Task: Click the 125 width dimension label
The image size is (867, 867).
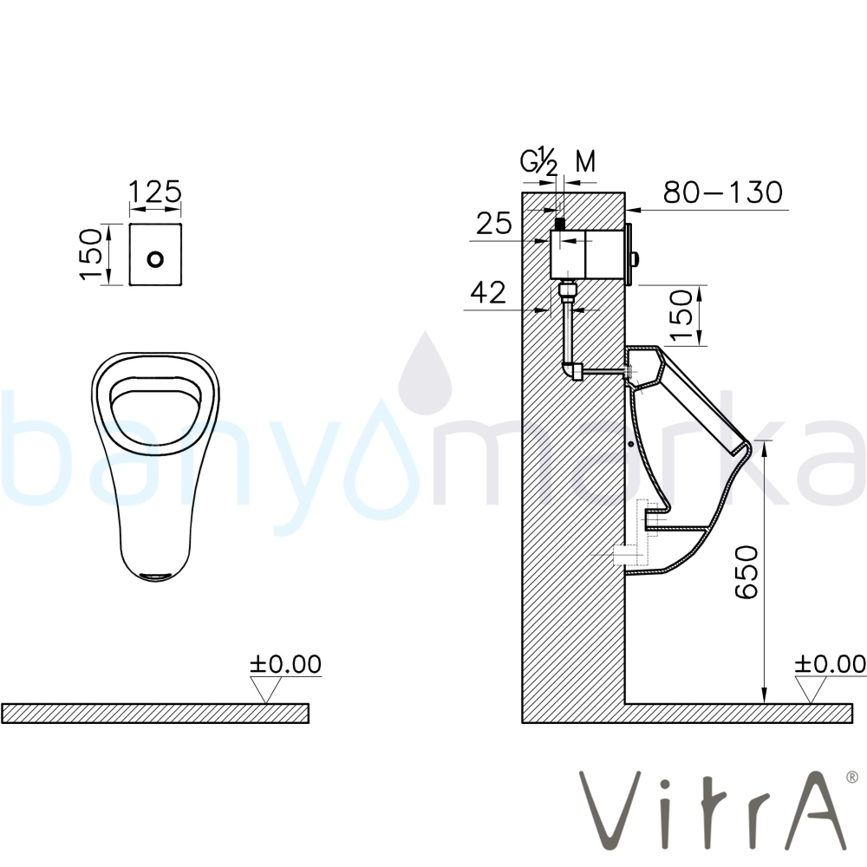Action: tap(155, 192)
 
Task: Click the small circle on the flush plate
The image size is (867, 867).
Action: tap(156, 258)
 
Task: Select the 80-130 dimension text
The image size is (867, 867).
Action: tap(723, 192)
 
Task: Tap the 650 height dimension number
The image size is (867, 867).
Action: tap(746, 571)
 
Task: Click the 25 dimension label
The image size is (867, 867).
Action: tap(494, 224)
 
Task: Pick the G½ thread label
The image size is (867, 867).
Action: tap(539, 163)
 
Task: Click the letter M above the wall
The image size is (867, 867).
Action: tap(585, 161)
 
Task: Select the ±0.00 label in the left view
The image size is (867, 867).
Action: tap(285, 664)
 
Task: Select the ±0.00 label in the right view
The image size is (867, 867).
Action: tap(830, 664)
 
